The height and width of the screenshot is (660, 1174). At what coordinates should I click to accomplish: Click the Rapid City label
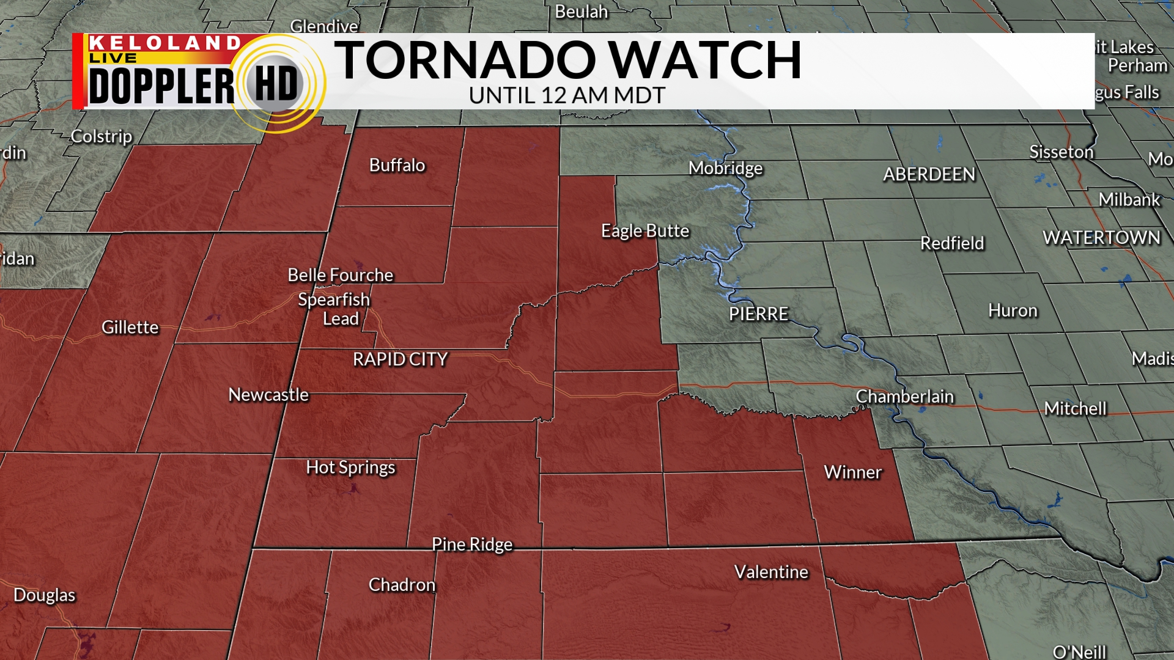(x=400, y=359)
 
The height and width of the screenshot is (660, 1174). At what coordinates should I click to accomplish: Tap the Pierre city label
(x=758, y=314)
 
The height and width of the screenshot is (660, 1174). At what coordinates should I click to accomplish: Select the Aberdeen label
(x=929, y=175)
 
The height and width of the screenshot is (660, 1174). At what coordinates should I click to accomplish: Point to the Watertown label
(x=1101, y=238)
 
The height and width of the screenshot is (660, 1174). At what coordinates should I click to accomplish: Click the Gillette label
(x=130, y=328)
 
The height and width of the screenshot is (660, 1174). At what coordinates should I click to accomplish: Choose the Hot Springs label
(x=350, y=468)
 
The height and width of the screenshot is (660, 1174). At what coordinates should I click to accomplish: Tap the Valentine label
(x=771, y=572)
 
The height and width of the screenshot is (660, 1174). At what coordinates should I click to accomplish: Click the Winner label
(x=852, y=472)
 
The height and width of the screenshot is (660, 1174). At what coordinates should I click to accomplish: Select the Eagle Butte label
(x=645, y=231)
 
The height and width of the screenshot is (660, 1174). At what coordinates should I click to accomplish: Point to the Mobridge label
(x=725, y=168)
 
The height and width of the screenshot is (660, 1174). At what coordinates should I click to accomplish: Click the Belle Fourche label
(x=340, y=275)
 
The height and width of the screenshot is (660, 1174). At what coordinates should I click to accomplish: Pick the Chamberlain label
(x=904, y=397)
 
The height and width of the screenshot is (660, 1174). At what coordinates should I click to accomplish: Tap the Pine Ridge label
(x=472, y=544)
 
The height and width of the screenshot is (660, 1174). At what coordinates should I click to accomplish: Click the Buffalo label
(x=397, y=166)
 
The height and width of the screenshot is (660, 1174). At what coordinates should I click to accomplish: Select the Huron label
(x=1013, y=311)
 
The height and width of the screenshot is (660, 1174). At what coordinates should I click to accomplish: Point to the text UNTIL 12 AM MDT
(x=567, y=96)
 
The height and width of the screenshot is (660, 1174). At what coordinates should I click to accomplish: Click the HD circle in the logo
(x=276, y=84)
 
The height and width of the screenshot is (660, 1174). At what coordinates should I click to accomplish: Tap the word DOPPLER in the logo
(x=161, y=86)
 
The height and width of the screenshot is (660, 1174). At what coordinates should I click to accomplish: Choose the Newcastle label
(x=268, y=395)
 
